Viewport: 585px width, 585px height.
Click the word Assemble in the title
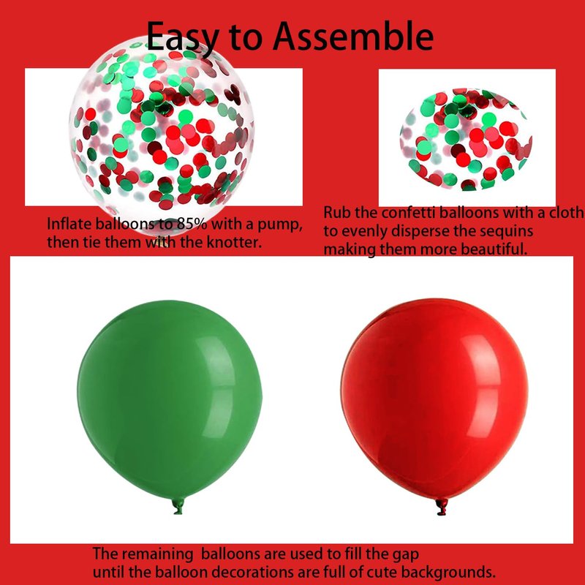[353, 36]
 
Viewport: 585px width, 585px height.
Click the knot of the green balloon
[178, 507]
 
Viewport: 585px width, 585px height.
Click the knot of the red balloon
[442, 507]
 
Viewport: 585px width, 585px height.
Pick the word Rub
[337, 213]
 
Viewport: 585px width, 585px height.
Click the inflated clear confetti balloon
[161, 135]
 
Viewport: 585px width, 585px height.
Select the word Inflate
[69, 224]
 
